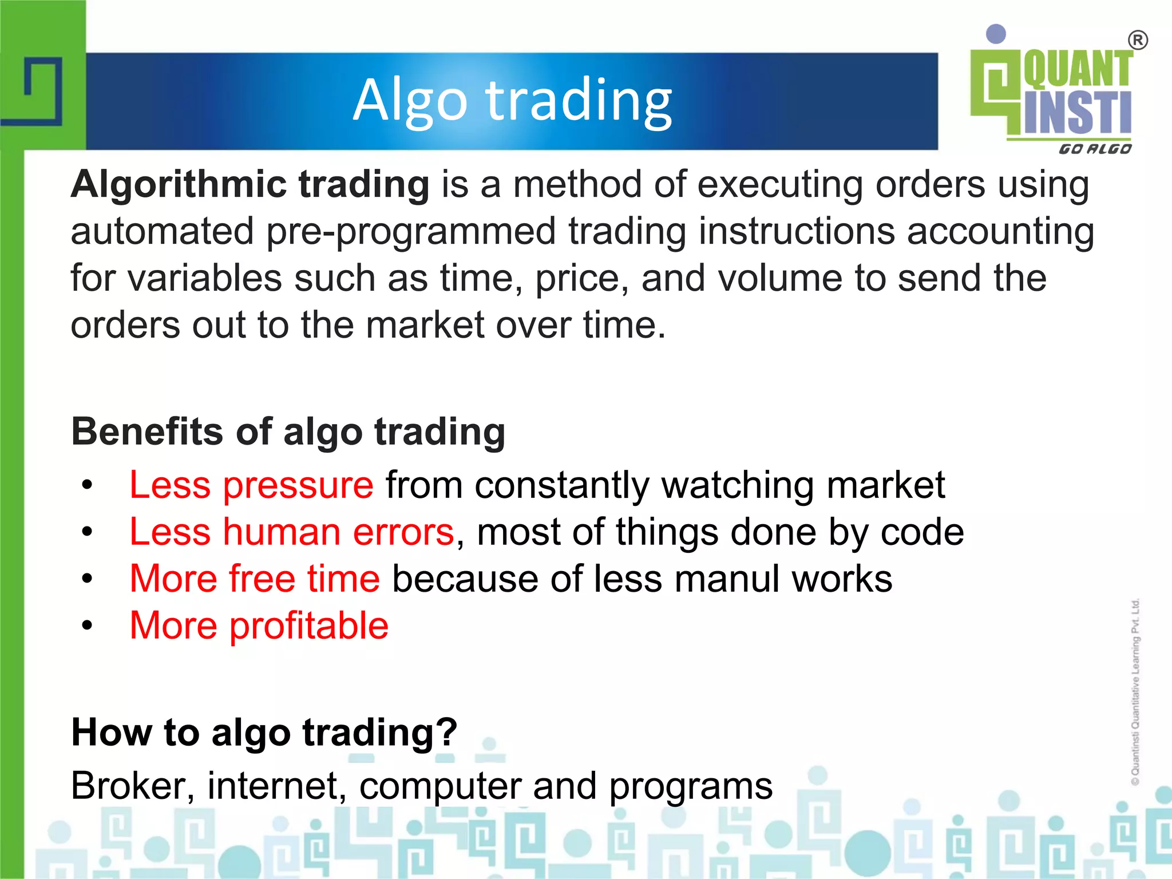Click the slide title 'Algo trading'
[x=512, y=100]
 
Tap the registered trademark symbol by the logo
[x=1138, y=41]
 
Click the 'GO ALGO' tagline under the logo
[x=1095, y=149]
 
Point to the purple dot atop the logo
[x=996, y=34]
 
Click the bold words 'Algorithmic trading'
[x=250, y=185]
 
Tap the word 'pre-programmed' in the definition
[x=411, y=232]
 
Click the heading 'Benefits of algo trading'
[x=288, y=431]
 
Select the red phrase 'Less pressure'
[x=251, y=485]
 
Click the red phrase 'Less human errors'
[x=292, y=532]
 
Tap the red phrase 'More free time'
[x=255, y=579]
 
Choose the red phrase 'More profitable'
[x=259, y=625]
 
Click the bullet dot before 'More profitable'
[x=86, y=625]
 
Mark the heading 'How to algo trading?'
[x=264, y=732]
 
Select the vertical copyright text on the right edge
[x=1135, y=692]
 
